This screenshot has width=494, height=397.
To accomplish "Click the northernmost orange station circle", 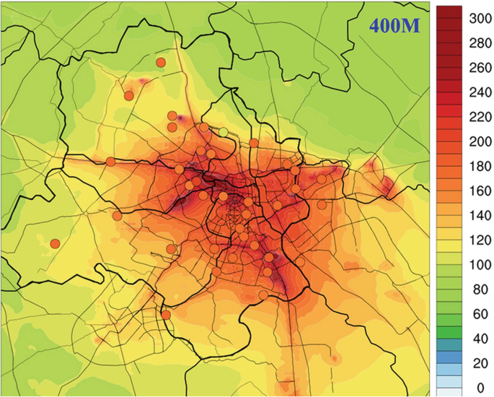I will coord(161,63).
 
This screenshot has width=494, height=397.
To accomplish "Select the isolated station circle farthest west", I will coord(55,243).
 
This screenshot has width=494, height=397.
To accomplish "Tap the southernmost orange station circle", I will coord(166,315).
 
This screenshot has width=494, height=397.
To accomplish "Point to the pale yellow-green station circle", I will coord(224,131).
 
